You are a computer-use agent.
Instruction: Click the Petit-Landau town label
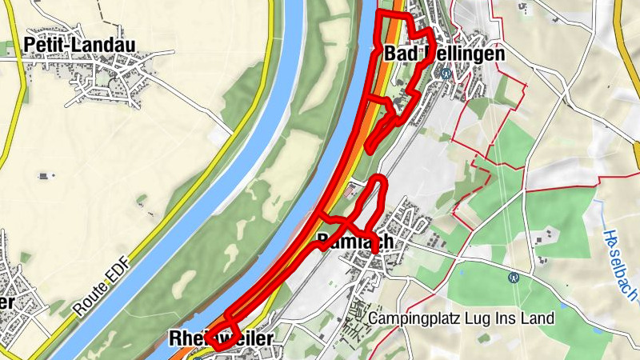(79, 43)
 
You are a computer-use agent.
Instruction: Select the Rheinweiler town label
(221, 339)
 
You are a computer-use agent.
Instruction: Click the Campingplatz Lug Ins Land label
(462, 318)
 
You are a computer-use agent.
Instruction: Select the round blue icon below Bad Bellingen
(445, 73)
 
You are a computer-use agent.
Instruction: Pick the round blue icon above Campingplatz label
(515, 278)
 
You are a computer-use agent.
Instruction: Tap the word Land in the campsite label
(538, 318)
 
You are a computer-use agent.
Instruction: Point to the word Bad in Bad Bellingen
(398, 54)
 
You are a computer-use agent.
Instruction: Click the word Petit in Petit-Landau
(43, 43)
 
